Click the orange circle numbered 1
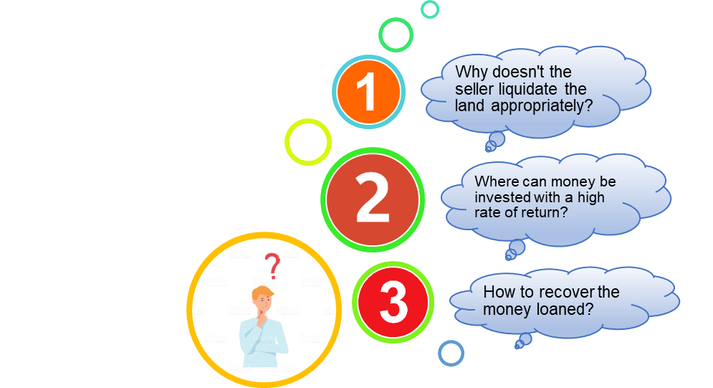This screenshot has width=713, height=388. pyautogui.click(x=369, y=92)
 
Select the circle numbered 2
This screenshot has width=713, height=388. pyautogui.click(x=373, y=199)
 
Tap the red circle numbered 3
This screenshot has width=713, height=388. pyautogui.click(x=393, y=303)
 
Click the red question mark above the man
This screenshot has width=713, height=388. pyautogui.click(x=273, y=266)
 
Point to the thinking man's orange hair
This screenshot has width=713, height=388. pyautogui.click(x=263, y=293)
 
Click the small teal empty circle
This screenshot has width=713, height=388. pyautogui.click(x=430, y=9)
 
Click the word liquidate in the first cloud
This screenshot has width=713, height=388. pyautogui.click(x=528, y=89)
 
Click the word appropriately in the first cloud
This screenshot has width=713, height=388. pyautogui.click(x=542, y=106)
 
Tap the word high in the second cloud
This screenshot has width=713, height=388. pyautogui.click(x=591, y=198)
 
